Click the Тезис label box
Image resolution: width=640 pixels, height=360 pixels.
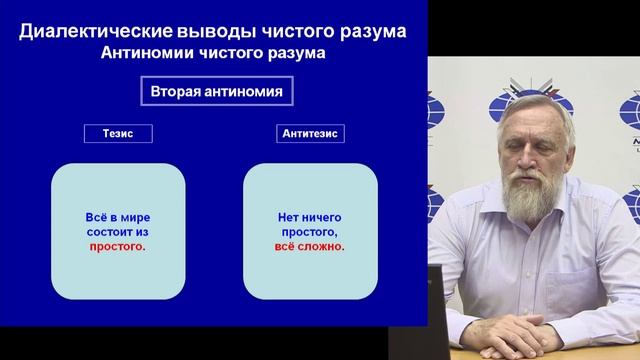tap(117, 133)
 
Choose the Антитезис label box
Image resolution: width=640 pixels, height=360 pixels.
tap(310, 133)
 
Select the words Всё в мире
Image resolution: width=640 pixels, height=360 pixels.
tap(117, 217)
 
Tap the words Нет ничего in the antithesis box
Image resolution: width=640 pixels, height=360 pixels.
tap(310, 217)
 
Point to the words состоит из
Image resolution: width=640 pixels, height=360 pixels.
tap(117, 231)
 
